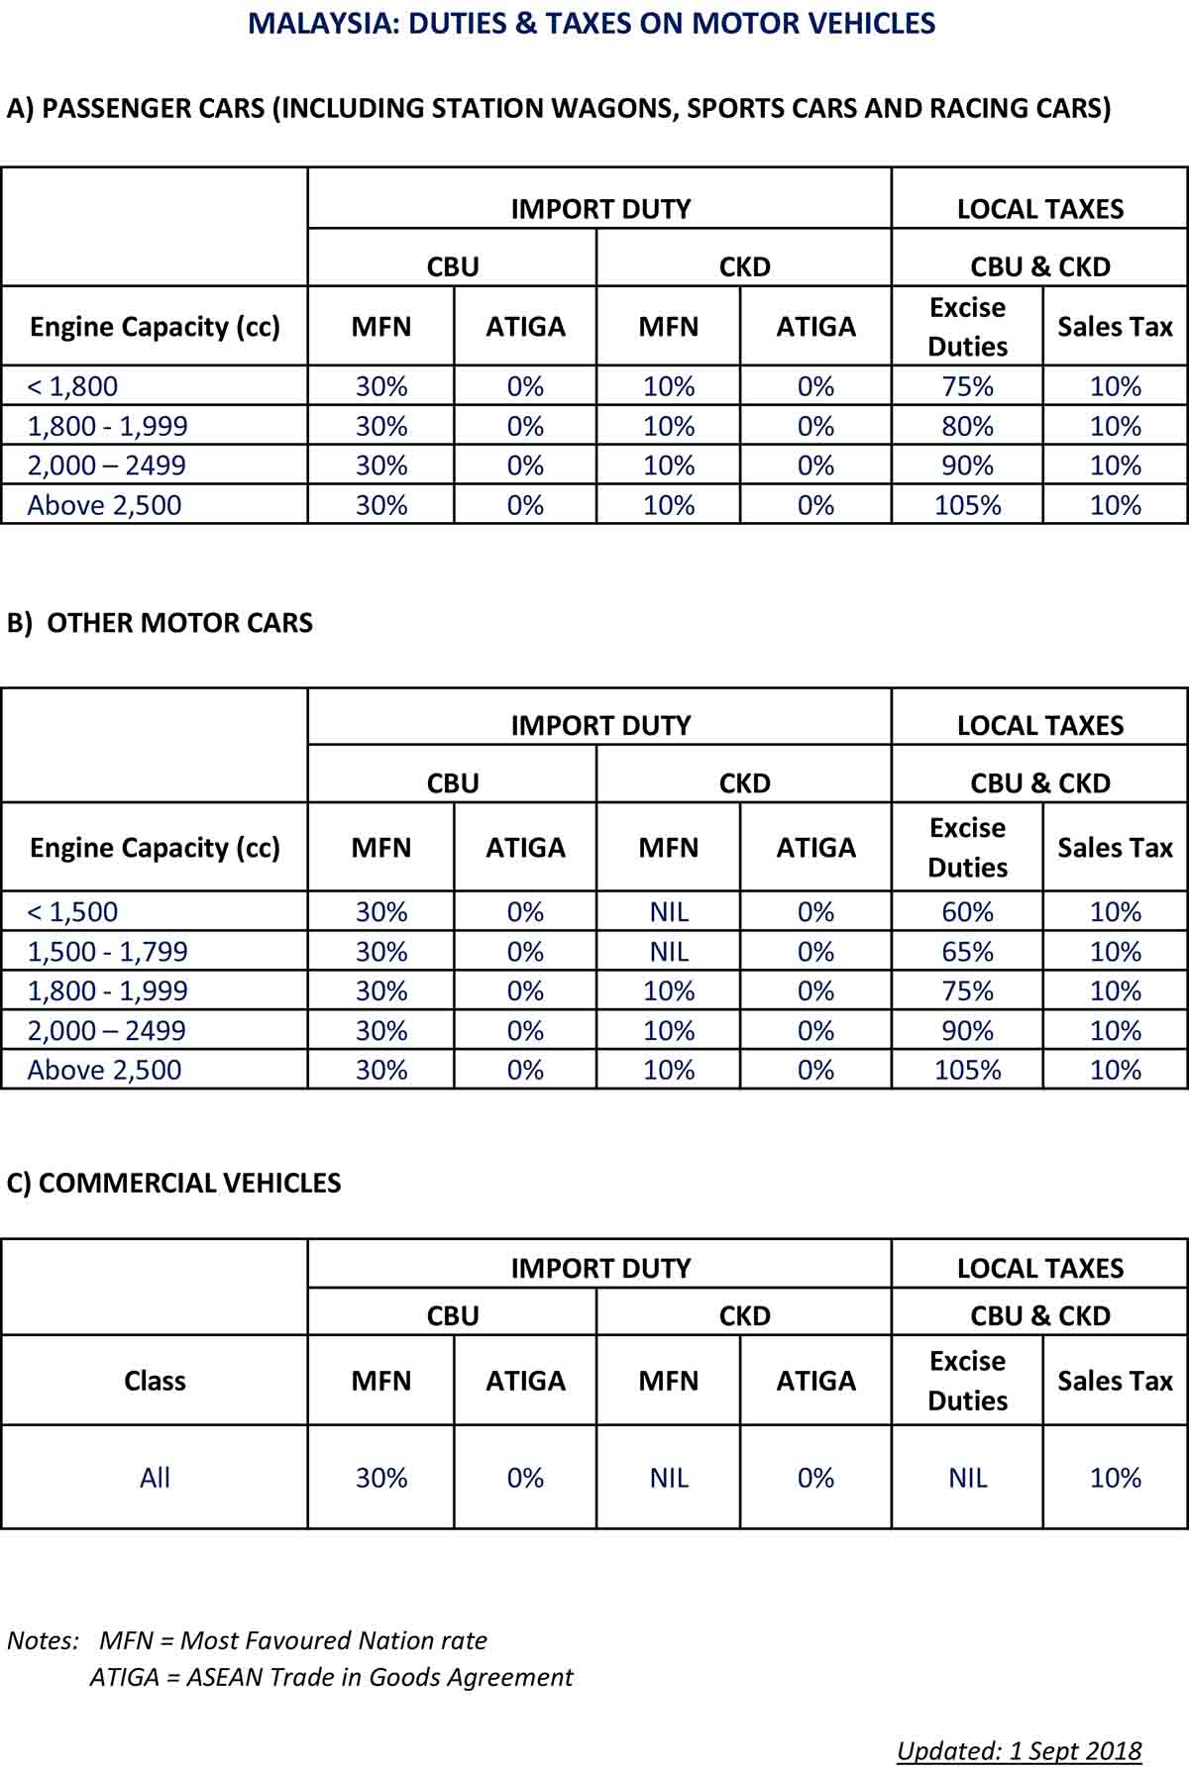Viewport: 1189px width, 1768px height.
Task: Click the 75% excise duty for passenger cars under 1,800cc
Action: (x=967, y=386)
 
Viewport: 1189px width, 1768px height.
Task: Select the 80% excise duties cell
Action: (x=967, y=426)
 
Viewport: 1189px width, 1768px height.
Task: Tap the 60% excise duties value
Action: (x=967, y=911)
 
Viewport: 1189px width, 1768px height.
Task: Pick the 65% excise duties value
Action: (x=967, y=951)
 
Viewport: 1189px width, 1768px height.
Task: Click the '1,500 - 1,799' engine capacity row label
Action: (x=107, y=951)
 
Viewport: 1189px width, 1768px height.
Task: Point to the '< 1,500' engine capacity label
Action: (x=72, y=911)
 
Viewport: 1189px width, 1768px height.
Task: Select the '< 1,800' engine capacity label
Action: (x=72, y=386)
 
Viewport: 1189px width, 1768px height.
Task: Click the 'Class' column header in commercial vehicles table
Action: (x=155, y=1381)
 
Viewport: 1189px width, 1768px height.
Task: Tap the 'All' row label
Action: (x=155, y=1478)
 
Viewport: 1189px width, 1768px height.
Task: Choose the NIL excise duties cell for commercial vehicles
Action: (x=967, y=1478)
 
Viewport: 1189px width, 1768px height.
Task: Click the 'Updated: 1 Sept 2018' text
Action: (x=1019, y=1750)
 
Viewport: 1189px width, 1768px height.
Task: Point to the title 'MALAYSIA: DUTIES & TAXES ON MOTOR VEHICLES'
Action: (x=592, y=23)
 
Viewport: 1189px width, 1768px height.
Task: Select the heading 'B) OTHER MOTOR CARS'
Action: (x=160, y=622)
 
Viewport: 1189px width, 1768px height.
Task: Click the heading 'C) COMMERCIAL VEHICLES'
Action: (x=173, y=1183)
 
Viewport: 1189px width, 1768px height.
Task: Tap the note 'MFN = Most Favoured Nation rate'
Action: (x=293, y=1640)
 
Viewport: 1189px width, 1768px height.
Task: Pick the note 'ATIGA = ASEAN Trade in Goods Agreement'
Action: (x=331, y=1677)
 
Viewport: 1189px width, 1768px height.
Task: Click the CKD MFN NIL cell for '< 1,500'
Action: (x=669, y=911)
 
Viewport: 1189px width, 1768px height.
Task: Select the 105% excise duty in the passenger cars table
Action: (x=967, y=505)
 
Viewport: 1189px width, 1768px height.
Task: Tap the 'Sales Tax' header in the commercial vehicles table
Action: (x=1115, y=1381)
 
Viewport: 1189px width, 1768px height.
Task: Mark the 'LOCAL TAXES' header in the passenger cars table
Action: (x=1039, y=209)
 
